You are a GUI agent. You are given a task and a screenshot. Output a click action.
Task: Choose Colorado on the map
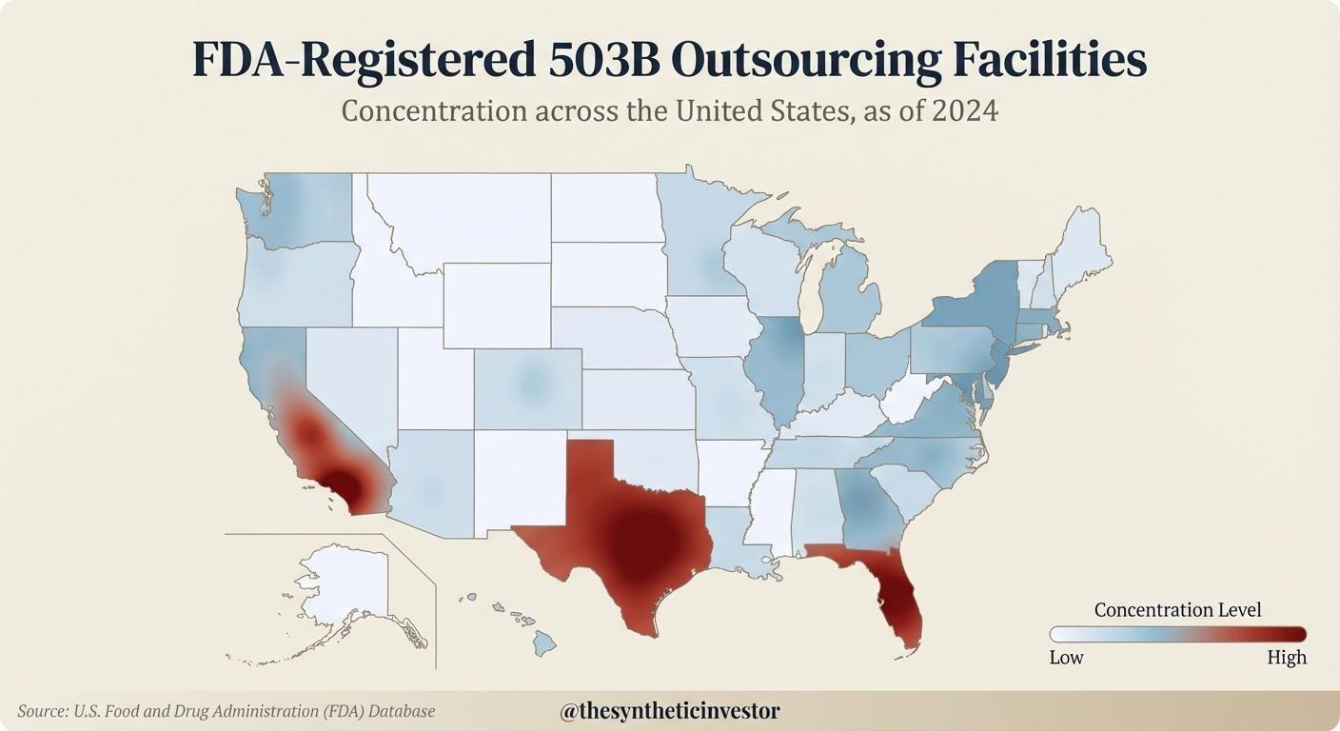coord(528,385)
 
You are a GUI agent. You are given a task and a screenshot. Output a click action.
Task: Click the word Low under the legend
coord(1066,658)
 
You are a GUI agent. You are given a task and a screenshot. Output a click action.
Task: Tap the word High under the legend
coord(1287,658)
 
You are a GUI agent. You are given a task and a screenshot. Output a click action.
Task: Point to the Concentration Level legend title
coord(1177,610)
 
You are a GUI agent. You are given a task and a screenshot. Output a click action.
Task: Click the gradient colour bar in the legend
coord(1177,635)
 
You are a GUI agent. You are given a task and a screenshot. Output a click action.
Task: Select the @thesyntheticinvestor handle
coord(670,711)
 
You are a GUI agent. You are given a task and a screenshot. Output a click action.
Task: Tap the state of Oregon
coord(295,281)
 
